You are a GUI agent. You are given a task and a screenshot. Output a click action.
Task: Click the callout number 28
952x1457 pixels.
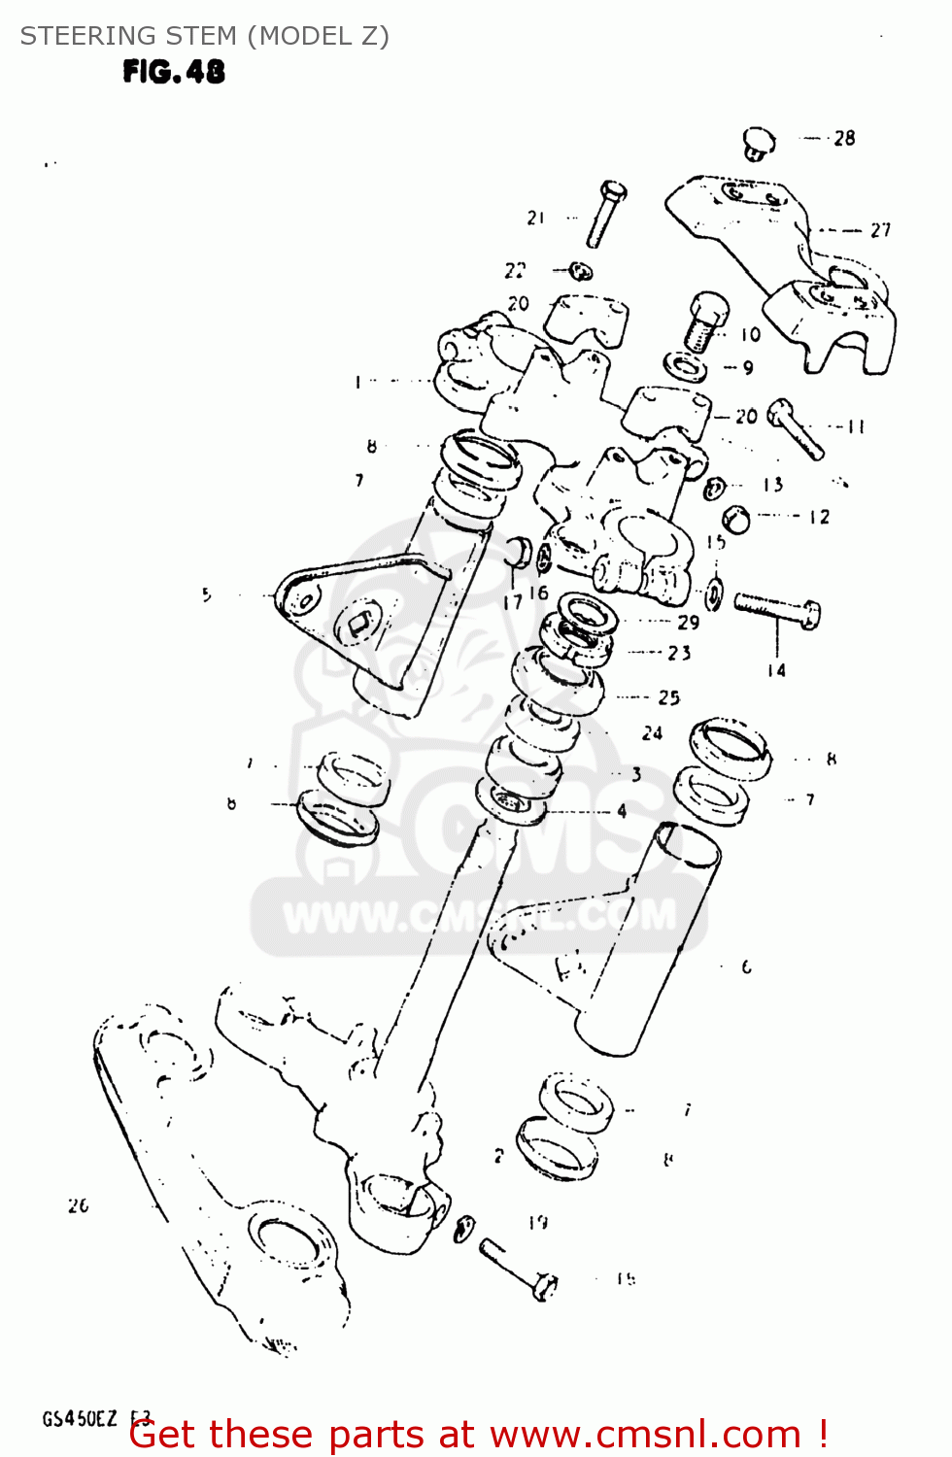844,139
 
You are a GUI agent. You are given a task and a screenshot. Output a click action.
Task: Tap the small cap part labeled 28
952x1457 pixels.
760,143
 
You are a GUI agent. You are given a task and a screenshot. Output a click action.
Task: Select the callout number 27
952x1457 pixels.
880,230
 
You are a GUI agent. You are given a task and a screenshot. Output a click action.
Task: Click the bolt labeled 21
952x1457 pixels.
604,215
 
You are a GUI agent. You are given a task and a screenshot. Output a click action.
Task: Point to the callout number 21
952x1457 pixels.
536,218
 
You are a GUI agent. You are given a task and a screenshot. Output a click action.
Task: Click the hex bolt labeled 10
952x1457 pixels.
704,322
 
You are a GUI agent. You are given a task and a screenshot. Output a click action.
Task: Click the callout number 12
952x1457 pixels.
820,517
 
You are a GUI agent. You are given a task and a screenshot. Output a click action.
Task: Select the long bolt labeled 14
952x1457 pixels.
776,609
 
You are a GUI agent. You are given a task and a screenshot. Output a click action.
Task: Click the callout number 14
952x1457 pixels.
776,670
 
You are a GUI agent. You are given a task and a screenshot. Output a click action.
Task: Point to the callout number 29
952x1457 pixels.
688,623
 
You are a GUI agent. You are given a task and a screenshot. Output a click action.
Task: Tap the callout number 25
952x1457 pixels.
669,697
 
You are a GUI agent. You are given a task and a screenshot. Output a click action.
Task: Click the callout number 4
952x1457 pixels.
622,811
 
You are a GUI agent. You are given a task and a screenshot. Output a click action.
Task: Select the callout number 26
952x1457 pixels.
79,1205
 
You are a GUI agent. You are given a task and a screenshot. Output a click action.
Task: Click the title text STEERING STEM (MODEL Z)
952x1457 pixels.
205,36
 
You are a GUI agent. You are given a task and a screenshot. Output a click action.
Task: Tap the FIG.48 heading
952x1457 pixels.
174,72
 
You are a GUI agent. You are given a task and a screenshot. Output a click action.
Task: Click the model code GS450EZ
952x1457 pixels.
80,1419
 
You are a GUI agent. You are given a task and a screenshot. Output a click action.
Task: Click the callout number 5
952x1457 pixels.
207,594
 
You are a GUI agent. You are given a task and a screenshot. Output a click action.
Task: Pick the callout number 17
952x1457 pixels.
513,602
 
